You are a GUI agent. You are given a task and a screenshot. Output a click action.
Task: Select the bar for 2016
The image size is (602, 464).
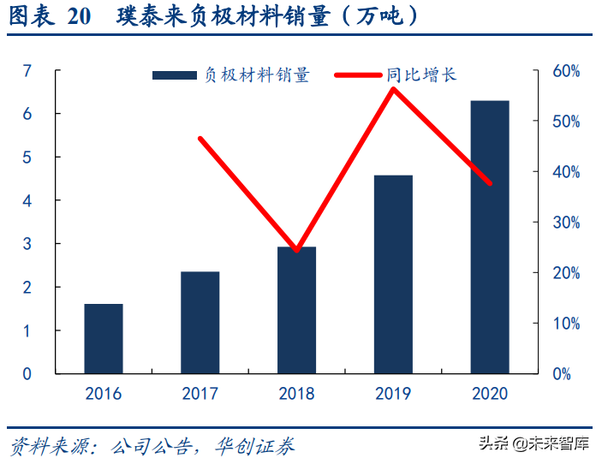pyautogui.click(x=103, y=339)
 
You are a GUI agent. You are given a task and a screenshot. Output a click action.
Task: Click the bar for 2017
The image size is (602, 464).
pyautogui.click(x=200, y=323)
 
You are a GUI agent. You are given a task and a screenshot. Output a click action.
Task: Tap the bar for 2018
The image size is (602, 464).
pyautogui.click(x=296, y=310)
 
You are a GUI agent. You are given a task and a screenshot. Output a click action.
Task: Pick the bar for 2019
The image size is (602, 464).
pyautogui.click(x=393, y=274)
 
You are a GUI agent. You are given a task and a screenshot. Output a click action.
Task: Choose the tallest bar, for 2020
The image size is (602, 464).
pyautogui.click(x=490, y=237)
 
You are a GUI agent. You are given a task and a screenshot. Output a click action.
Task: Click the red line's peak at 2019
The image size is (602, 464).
pyautogui.click(x=393, y=88)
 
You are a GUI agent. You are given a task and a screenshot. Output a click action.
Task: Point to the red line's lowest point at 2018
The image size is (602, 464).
pyautogui.click(x=296, y=251)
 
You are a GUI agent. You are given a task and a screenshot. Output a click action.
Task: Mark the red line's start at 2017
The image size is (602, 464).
pyautogui.click(x=200, y=138)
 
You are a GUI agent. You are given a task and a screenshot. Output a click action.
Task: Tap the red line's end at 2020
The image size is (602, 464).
pyautogui.click(x=490, y=183)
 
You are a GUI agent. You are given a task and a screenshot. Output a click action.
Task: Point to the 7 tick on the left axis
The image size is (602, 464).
pyautogui.click(x=27, y=70)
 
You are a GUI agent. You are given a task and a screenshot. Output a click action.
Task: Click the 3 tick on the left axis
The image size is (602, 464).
pyautogui.click(x=27, y=244)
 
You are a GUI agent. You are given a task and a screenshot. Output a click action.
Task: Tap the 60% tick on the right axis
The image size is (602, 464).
pyautogui.click(x=565, y=71)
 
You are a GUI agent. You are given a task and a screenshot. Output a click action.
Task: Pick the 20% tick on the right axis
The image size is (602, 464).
pyautogui.click(x=565, y=273)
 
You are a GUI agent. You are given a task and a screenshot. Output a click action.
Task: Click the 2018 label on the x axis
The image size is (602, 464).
pyautogui.click(x=296, y=394)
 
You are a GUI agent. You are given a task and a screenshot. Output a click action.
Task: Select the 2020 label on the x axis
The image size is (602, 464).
pyautogui.click(x=490, y=394)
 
